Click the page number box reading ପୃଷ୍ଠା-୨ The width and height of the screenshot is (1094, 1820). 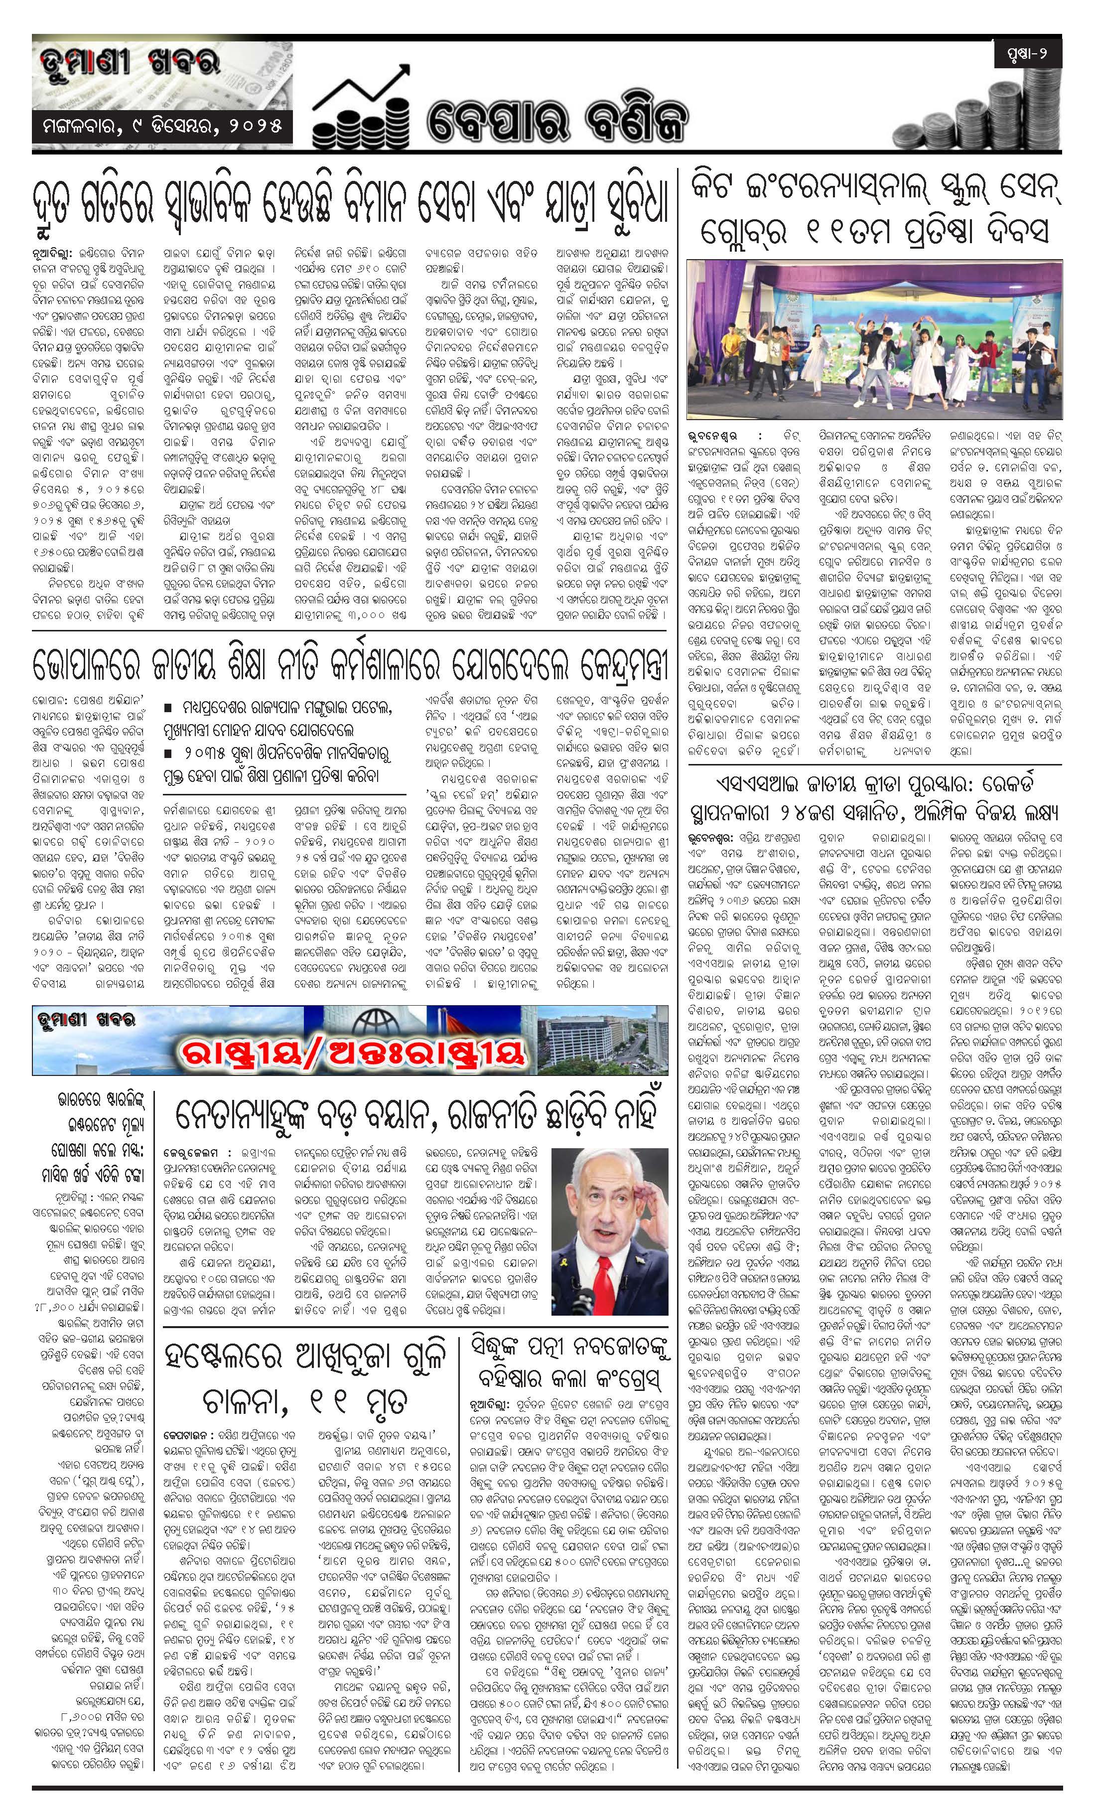pyautogui.click(x=1026, y=55)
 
